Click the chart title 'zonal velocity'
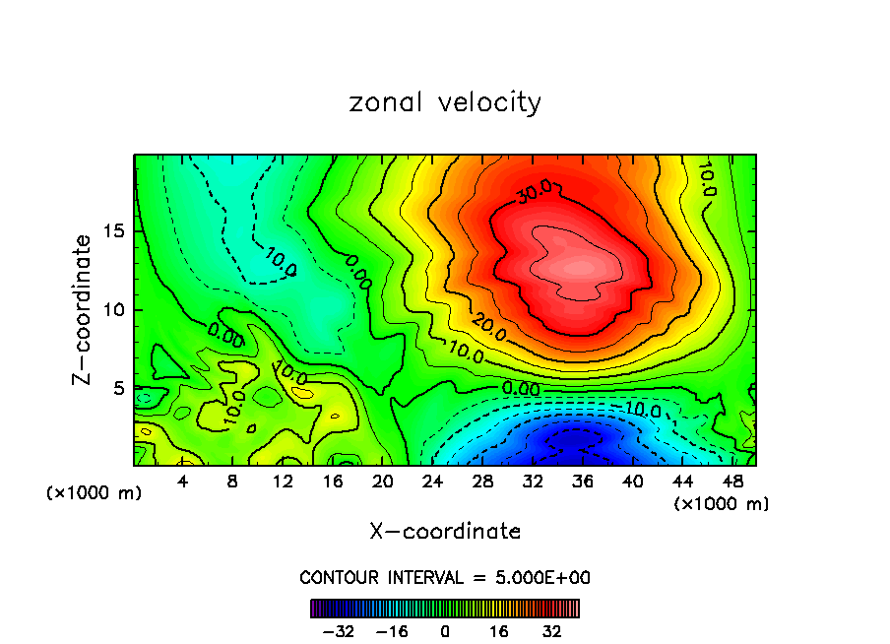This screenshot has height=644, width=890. tap(445, 102)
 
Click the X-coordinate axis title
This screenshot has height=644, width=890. tap(445, 532)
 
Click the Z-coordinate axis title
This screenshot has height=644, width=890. tap(84, 309)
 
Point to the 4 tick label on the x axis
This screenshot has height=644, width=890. tap(183, 483)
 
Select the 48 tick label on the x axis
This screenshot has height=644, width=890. tap(732, 483)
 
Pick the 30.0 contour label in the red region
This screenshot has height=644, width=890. tap(535, 193)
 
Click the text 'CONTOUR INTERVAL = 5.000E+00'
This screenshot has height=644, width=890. tap(445, 577)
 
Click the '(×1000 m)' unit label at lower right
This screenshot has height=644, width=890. tap(722, 504)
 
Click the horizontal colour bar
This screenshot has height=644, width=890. tap(445, 609)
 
